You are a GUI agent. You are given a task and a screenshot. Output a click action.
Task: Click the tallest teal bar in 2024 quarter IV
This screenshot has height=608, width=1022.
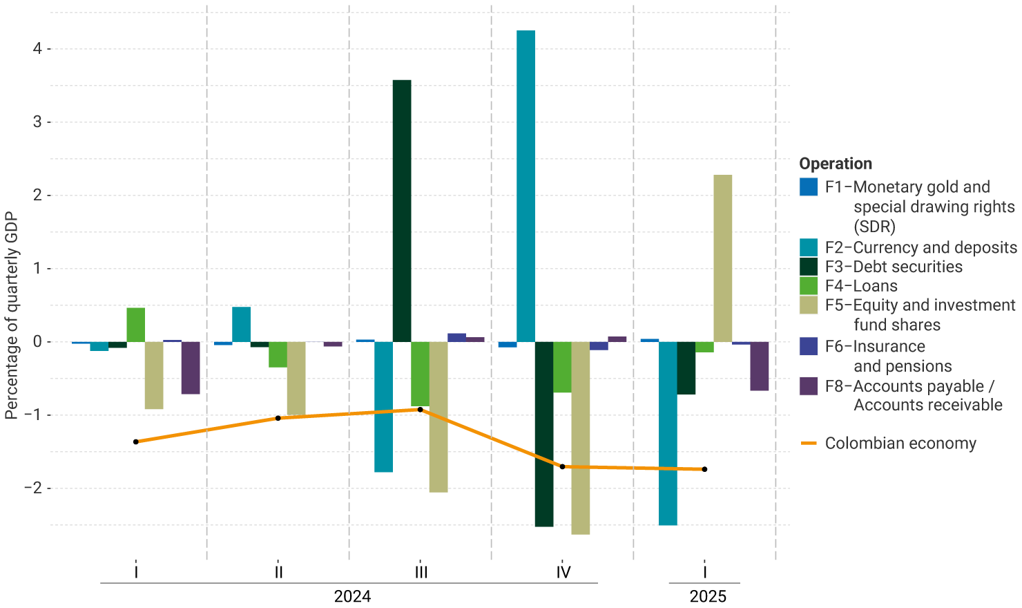(x=526, y=186)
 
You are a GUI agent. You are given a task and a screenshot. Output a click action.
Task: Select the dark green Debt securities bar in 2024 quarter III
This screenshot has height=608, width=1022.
(x=402, y=211)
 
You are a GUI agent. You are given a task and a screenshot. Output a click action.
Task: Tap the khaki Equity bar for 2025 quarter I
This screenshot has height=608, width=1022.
(x=722, y=258)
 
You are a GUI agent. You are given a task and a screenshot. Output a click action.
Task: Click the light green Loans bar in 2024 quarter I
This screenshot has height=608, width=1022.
(x=136, y=325)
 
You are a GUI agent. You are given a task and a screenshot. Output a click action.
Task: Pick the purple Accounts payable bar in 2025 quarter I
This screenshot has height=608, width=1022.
(x=759, y=366)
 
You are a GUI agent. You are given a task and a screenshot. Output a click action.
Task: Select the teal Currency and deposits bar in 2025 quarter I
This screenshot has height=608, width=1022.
(x=668, y=433)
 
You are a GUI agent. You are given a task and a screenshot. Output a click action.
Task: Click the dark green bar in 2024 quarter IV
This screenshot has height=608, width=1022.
(x=544, y=434)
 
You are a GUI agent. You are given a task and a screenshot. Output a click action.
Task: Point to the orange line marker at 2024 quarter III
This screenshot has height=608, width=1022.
(x=420, y=410)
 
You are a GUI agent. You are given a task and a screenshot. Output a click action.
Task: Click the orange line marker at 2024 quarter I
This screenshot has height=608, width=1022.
(x=136, y=441)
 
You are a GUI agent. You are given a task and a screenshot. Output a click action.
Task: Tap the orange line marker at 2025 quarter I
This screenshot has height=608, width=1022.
(x=704, y=469)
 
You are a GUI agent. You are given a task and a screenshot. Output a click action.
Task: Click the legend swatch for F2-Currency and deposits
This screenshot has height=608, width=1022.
(x=809, y=247)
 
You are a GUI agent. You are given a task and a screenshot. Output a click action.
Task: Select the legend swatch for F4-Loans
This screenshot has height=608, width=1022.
(x=809, y=286)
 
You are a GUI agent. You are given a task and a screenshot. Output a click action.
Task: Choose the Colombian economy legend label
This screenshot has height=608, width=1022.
(x=900, y=444)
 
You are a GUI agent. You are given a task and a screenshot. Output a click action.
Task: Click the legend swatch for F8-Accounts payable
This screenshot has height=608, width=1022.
(x=809, y=386)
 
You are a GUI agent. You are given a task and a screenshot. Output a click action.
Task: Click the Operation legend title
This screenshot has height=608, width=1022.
(x=836, y=164)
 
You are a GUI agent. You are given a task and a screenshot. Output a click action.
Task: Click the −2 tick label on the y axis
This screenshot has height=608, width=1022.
(x=32, y=488)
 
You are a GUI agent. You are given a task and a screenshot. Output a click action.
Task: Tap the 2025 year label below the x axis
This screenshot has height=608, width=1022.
(x=708, y=596)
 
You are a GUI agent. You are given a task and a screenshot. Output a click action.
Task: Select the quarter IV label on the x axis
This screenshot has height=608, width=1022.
(x=563, y=573)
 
